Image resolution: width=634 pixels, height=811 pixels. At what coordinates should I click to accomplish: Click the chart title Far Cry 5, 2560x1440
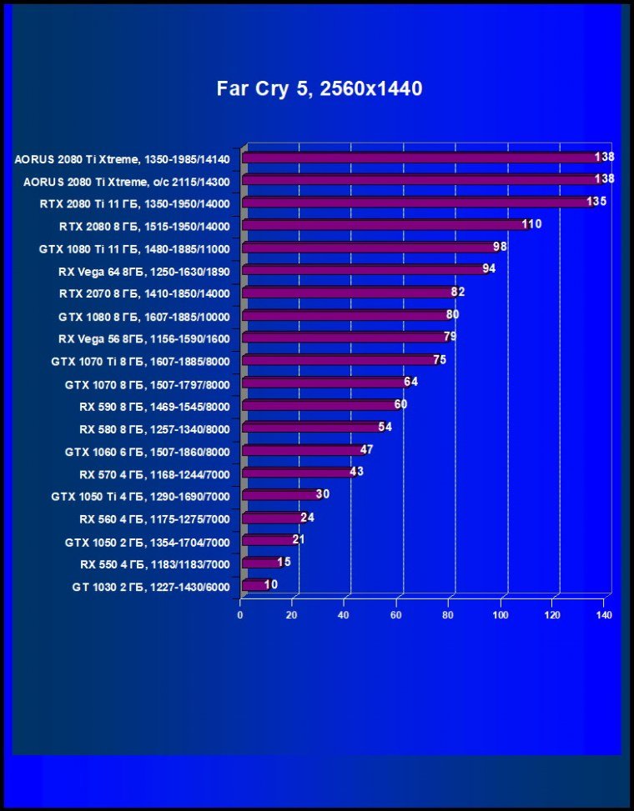[x=320, y=88]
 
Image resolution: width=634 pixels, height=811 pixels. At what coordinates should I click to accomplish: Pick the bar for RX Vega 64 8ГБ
[x=363, y=270]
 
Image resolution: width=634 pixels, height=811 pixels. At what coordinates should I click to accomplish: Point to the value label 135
[x=596, y=202]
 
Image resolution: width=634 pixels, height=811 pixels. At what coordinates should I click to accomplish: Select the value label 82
[x=458, y=292]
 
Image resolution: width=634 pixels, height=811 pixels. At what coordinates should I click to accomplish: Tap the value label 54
[x=385, y=427]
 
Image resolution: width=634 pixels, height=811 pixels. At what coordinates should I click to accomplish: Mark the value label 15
[x=284, y=562]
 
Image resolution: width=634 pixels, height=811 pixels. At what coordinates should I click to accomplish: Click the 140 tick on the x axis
[x=604, y=616]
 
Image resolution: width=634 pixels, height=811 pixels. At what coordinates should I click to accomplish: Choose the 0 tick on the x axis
[x=240, y=616]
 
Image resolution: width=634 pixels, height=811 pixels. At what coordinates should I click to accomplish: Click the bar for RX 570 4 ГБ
[x=297, y=473]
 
